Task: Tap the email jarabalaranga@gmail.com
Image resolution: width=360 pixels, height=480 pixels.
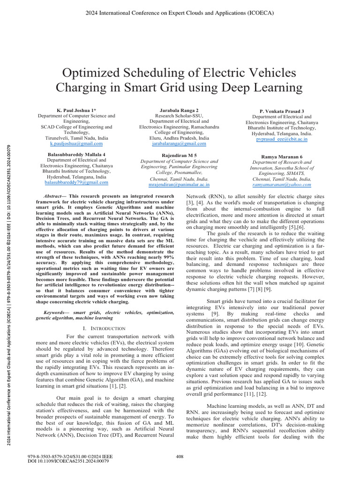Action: [x=174, y=145]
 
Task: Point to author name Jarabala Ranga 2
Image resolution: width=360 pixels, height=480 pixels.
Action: [x=174, y=110]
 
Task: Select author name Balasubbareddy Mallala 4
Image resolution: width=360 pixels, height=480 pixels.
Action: [x=76, y=154]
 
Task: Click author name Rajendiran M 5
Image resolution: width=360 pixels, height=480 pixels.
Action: [x=174, y=155]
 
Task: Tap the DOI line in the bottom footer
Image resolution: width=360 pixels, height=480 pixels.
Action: [x=69, y=461]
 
